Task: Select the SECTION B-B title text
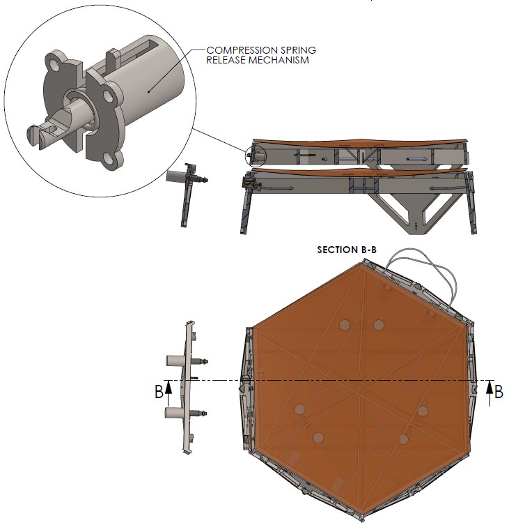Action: (x=347, y=250)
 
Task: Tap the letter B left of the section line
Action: (x=159, y=392)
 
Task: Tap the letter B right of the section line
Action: (x=499, y=392)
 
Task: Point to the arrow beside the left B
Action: (x=169, y=393)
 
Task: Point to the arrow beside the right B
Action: (x=490, y=393)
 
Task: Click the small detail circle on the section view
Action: (x=256, y=156)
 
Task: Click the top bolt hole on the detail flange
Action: (x=54, y=63)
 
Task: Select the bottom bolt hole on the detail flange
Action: (x=108, y=158)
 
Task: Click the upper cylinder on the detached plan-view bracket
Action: (x=175, y=360)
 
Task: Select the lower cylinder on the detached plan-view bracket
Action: (x=174, y=413)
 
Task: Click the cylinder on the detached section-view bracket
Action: (x=176, y=176)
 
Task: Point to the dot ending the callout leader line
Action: (x=148, y=91)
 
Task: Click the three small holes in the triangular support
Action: (x=416, y=226)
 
